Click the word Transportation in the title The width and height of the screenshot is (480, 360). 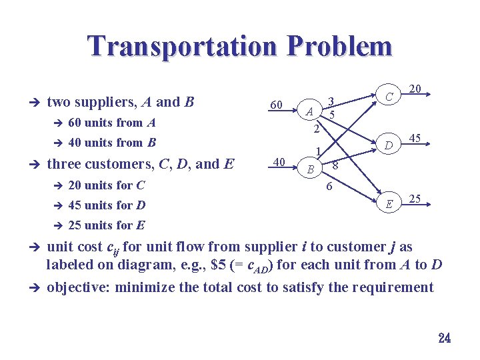pyautogui.click(x=181, y=47)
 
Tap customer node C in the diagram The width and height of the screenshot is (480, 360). pyautogui.click(x=388, y=97)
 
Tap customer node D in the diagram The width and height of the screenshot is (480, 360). pyautogui.click(x=388, y=145)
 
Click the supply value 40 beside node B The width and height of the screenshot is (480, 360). pyautogui.click(x=281, y=161)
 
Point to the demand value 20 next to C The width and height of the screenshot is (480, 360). pyautogui.click(x=415, y=89)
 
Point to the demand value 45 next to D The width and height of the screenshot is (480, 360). pyautogui.click(x=416, y=139)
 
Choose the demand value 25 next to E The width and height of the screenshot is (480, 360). pyautogui.click(x=415, y=199)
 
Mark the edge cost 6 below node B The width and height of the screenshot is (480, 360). pyautogui.click(x=329, y=187)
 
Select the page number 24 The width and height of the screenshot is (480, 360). pyautogui.click(x=445, y=338)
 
